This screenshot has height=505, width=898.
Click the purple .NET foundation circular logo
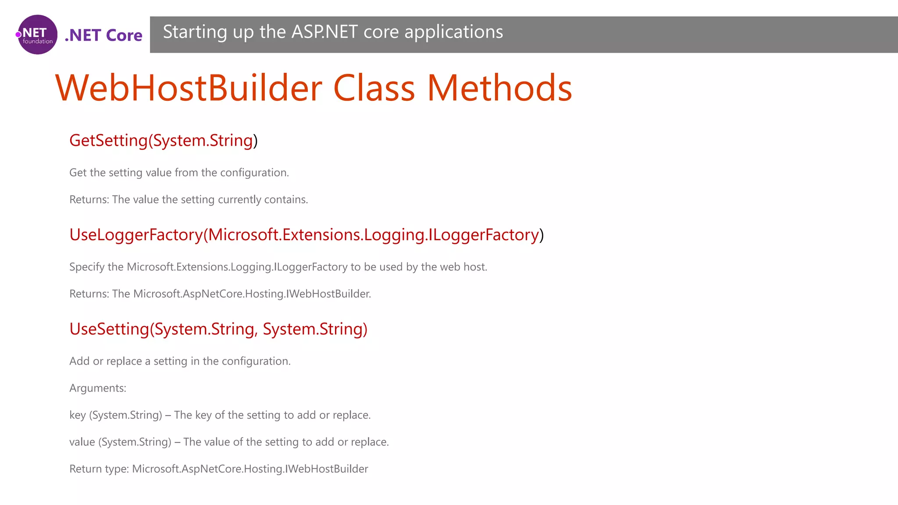(38, 35)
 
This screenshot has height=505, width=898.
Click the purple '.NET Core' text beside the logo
(103, 35)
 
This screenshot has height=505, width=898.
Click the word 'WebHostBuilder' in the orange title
(189, 88)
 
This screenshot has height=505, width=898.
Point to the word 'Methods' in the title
(499, 88)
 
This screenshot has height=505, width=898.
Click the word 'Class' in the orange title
(374, 88)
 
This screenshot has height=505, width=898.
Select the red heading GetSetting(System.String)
(163, 140)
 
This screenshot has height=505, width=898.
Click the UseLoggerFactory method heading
(306, 235)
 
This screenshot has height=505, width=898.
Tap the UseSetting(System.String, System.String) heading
(218, 329)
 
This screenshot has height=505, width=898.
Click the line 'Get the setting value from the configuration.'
(179, 173)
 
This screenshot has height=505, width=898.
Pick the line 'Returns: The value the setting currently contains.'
(189, 199)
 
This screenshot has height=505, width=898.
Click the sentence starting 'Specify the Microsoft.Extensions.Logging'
(278, 267)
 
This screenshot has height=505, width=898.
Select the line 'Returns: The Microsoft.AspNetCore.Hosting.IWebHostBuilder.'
(220, 294)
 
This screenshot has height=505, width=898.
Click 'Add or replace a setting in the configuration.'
(180, 361)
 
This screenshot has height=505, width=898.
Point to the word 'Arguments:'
(98, 388)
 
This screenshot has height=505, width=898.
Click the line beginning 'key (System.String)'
(220, 415)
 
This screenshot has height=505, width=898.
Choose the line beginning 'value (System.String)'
(229, 442)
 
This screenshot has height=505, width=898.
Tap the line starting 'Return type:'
(218, 469)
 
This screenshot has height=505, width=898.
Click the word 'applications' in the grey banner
(453, 32)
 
